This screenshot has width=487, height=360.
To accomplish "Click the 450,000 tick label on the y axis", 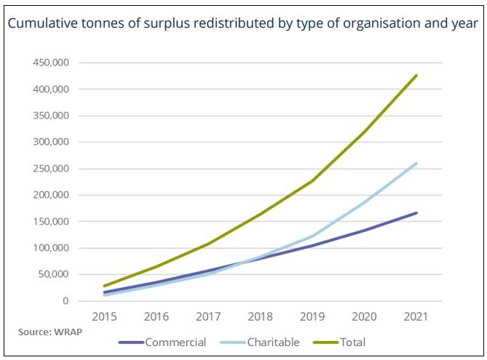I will tap(50, 63).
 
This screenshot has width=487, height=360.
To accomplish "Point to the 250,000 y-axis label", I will tap(50, 169).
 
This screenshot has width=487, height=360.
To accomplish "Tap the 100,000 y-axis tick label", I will tap(50, 248).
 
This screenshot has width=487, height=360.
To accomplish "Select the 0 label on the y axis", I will tap(66, 301).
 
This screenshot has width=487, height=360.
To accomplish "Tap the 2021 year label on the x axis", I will tap(416, 318).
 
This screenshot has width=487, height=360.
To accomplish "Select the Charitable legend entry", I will tap(266, 342).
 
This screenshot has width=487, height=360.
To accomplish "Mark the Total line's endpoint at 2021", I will tap(416, 76).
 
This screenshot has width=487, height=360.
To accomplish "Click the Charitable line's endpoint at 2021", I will tap(416, 164).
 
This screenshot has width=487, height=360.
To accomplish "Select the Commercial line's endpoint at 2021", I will tap(416, 213).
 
